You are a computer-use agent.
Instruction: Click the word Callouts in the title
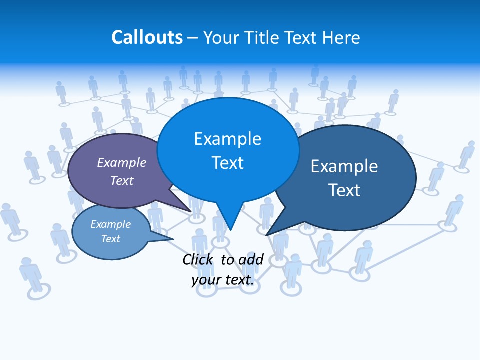coord(147,37)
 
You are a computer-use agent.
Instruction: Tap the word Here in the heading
coord(341,37)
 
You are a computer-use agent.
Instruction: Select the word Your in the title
coord(221,37)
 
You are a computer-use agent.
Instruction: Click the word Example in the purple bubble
coord(121,162)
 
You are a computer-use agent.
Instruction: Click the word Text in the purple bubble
coord(121,180)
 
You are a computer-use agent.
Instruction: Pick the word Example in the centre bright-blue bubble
coord(227,139)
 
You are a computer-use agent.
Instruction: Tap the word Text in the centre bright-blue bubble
coord(227,163)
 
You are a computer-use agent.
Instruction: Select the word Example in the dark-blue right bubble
coord(344,166)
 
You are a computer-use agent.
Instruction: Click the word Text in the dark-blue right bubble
coord(344,190)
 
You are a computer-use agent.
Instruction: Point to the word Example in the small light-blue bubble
coord(110,224)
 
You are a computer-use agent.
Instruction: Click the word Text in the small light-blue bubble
coord(110,239)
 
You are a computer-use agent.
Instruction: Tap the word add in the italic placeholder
coord(251,259)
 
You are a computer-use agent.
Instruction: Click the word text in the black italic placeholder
coord(239,280)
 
